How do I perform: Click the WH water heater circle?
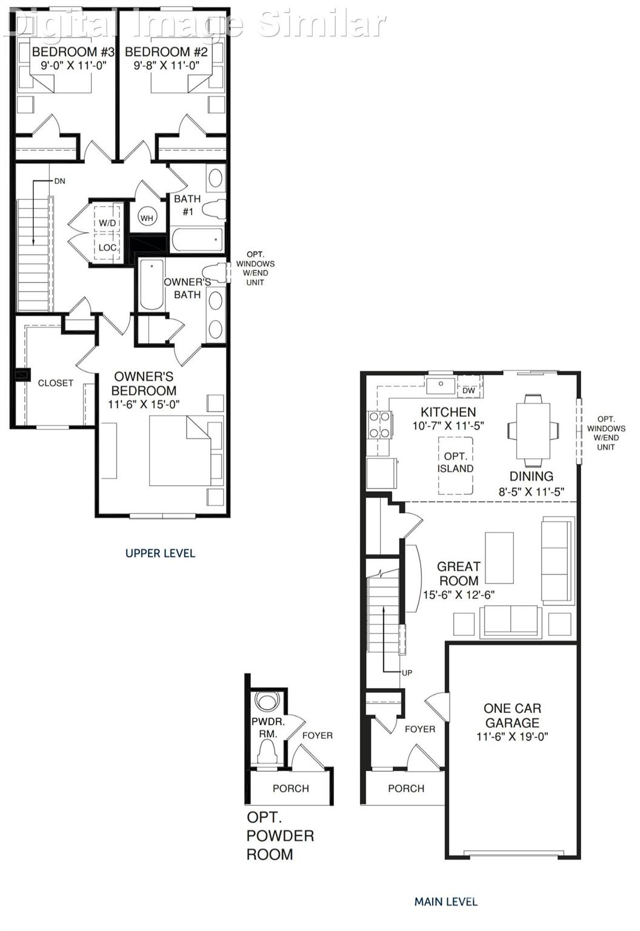[x=147, y=218]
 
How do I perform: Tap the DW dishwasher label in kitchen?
[x=468, y=391]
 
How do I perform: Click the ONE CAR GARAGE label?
[x=512, y=715]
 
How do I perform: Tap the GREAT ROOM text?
[x=458, y=573]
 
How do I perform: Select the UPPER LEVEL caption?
[x=160, y=553]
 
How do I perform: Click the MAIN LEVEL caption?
[x=445, y=901]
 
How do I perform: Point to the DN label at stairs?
[x=59, y=181]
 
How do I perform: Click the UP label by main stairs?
[x=407, y=673]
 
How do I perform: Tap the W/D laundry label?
[x=107, y=223]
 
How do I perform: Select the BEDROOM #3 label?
[x=73, y=52]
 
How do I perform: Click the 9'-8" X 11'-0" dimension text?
[x=167, y=65]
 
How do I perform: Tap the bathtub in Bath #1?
[x=196, y=239]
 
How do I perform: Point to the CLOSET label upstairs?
[x=55, y=383]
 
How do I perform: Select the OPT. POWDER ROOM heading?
[x=279, y=836]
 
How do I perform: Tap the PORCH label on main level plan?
[x=406, y=788]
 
